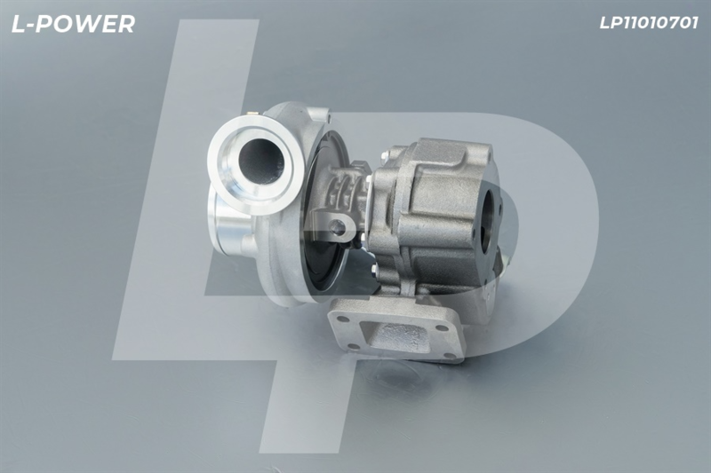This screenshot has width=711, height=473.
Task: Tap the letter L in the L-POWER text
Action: point(18,24)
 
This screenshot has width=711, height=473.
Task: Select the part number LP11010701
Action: point(649,23)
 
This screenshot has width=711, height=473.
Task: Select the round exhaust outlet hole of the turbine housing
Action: point(490,221)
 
